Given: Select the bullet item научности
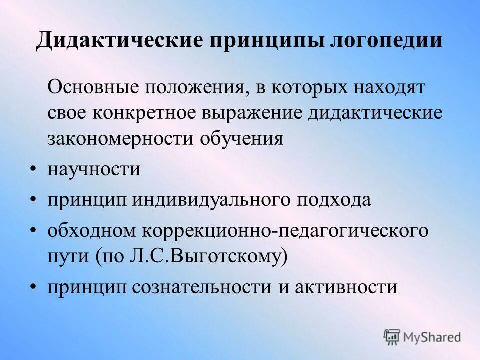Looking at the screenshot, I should pos(94,169).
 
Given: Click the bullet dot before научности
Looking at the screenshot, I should pos(33,169).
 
